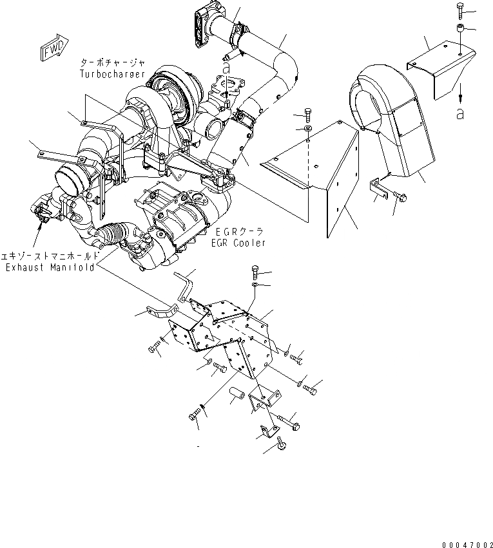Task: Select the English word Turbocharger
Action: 113,73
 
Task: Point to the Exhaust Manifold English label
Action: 50,267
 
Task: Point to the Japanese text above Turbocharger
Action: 113,63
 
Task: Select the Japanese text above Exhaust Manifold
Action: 50,256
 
